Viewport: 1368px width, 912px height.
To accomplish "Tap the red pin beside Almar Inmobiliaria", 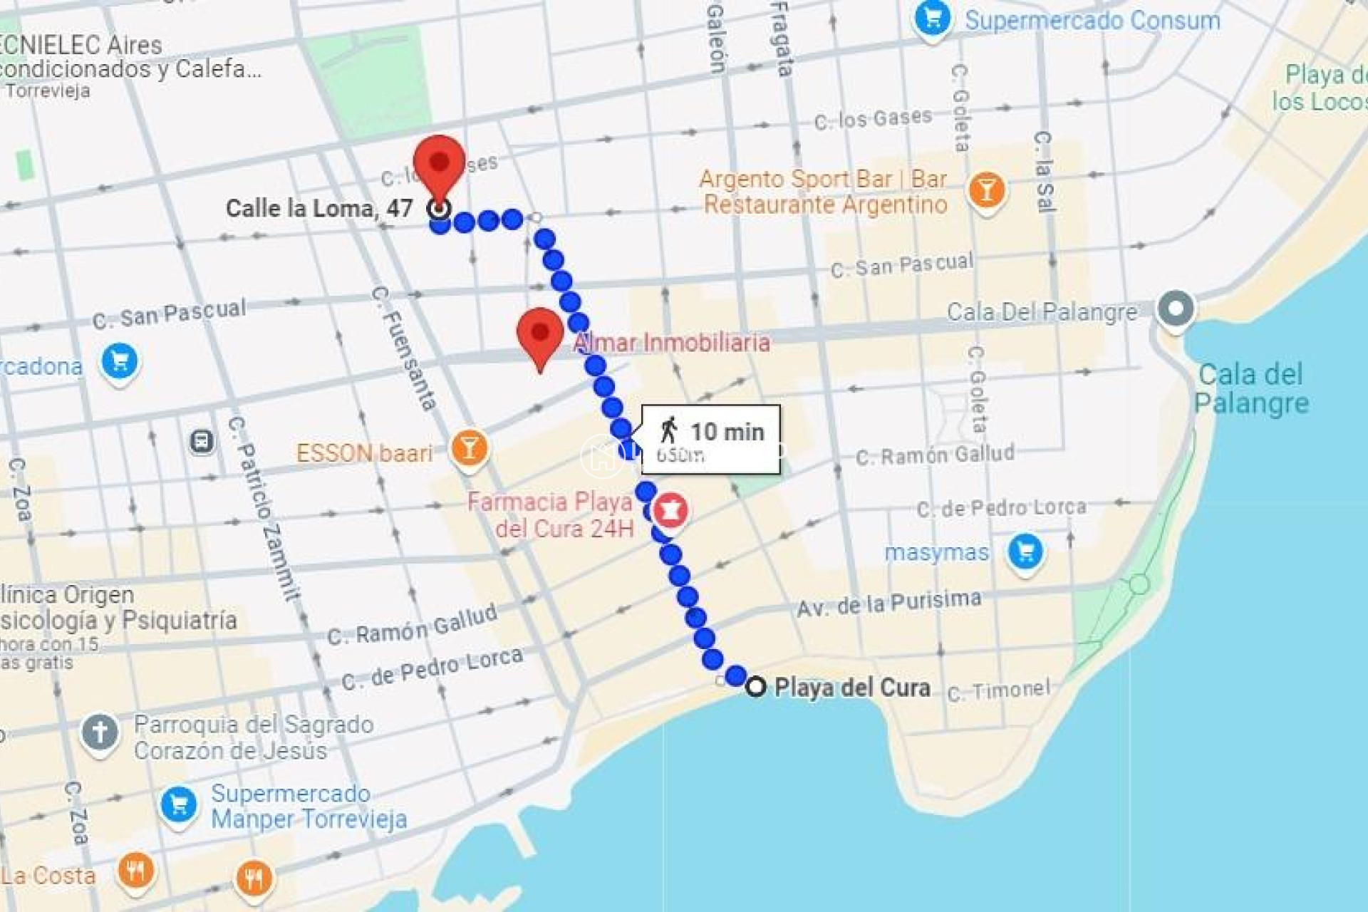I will coord(540,335).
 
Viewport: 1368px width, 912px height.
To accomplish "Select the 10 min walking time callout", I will coord(710,439).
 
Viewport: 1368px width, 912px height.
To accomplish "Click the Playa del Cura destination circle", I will coord(755,687).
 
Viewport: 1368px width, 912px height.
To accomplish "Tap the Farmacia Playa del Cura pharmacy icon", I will coord(670,509).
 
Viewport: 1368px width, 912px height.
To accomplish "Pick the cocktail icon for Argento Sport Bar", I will coord(987,190).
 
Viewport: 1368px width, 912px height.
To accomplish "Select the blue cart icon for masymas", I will coord(1025,551).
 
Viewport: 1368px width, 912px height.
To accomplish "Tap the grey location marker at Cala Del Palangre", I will coord(1176,309).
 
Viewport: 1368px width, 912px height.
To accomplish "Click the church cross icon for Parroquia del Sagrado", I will coord(100,732).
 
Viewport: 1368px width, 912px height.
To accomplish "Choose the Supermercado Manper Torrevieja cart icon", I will coord(179,805).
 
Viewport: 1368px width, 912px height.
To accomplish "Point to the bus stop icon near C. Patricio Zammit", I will coord(202,442).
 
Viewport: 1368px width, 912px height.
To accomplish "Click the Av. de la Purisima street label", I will coord(888,603).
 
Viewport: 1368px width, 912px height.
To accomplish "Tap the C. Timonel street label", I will coord(998,690).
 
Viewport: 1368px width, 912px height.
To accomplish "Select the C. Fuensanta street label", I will coord(403,349).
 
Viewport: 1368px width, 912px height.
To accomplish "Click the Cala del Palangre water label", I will coord(1251,388).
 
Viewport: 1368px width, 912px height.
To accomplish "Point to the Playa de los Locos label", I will coord(1322,88).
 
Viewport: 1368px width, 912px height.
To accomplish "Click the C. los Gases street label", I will coord(873,118).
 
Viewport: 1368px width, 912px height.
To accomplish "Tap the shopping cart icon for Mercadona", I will coord(120,361).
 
